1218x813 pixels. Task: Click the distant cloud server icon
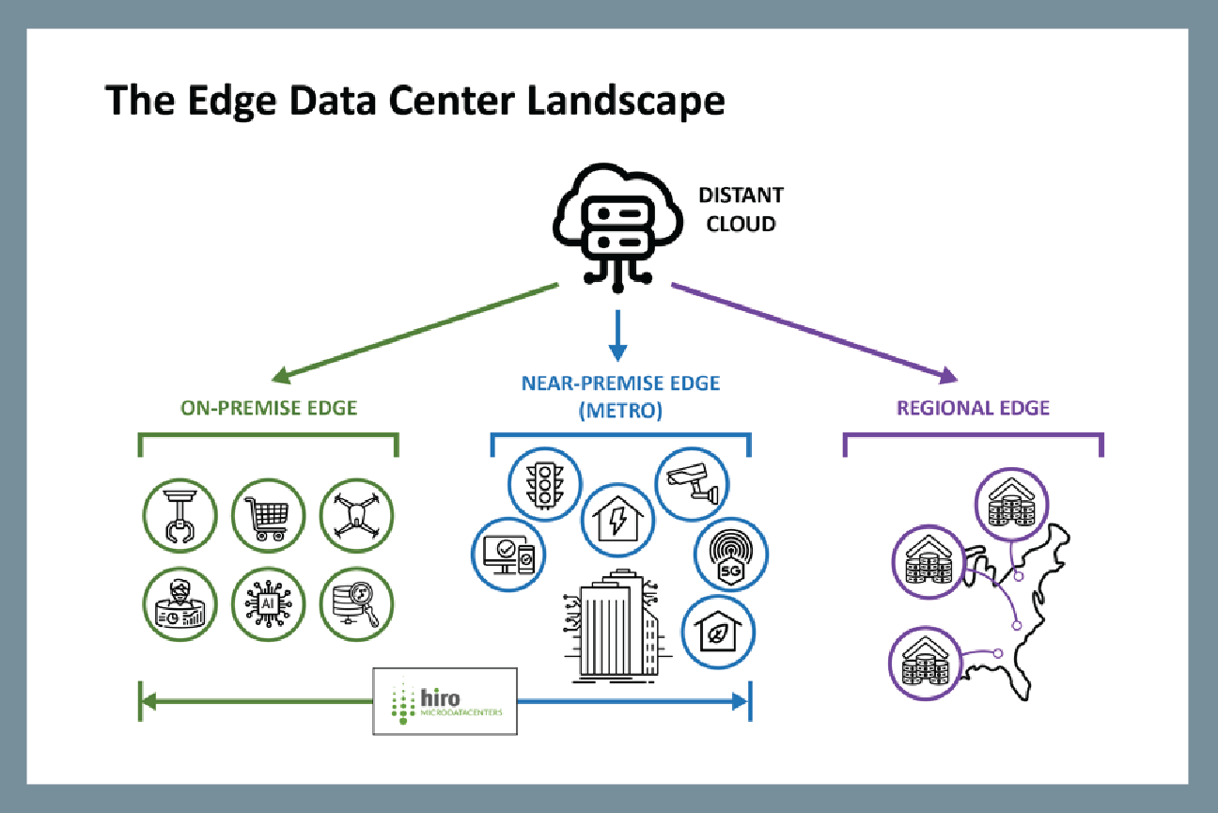(616, 226)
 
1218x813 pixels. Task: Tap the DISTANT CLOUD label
(740, 210)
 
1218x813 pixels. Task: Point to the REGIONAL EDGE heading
(973, 408)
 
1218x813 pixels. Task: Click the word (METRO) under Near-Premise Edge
(619, 411)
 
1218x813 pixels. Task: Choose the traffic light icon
(544, 484)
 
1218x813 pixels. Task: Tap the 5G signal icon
(730, 554)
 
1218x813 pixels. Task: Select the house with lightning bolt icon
(617, 520)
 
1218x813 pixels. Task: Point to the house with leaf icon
(719, 632)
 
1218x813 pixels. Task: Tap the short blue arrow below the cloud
(617, 336)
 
